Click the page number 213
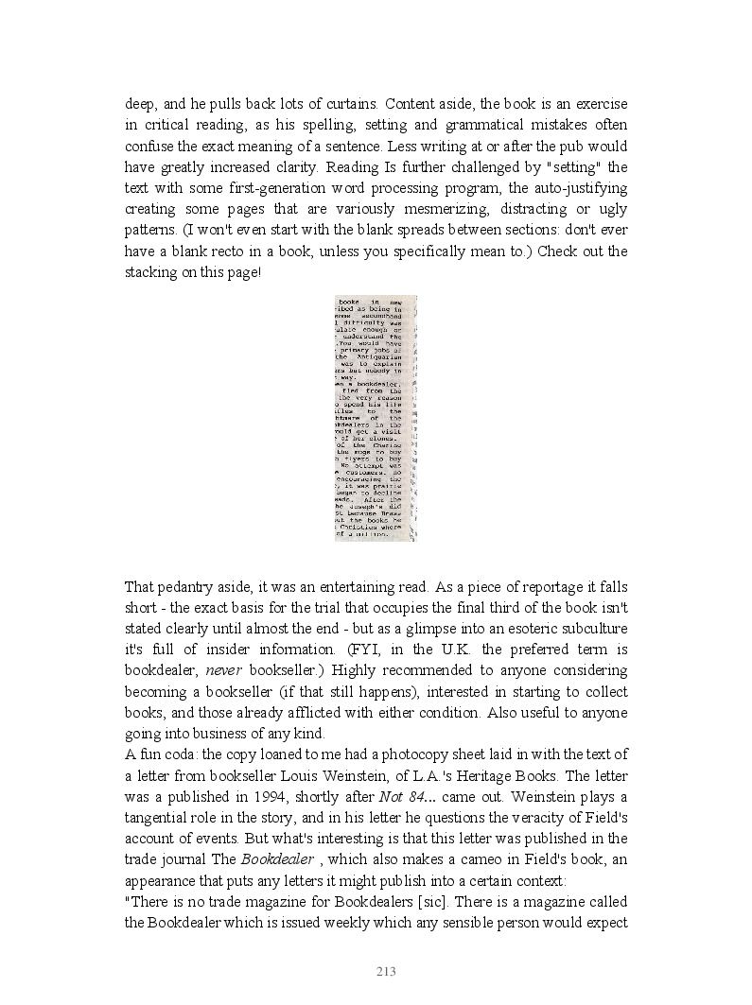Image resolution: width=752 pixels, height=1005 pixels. [x=385, y=972]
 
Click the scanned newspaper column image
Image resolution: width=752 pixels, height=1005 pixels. [x=376, y=418]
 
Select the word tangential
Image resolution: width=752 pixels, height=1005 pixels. [x=160, y=816]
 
